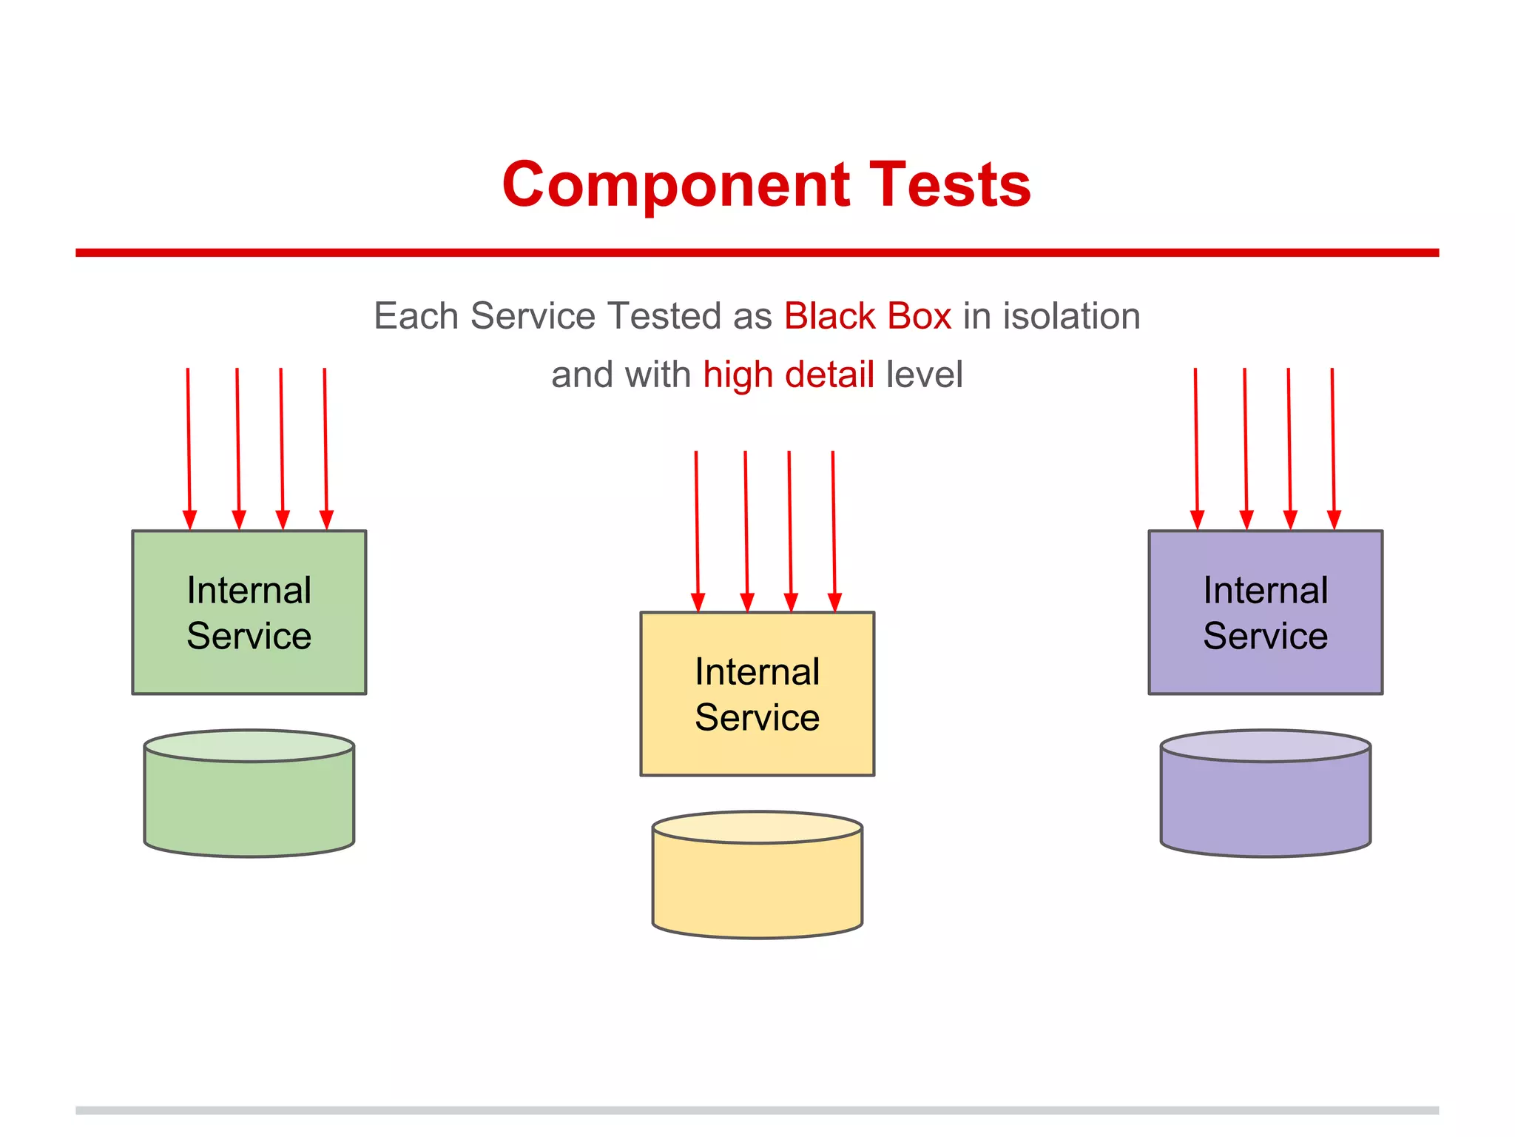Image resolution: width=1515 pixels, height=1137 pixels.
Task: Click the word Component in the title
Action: tap(675, 185)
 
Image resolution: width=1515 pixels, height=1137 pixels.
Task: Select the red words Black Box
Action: tap(867, 316)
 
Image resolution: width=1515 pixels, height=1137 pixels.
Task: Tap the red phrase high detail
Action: tap(788, 375)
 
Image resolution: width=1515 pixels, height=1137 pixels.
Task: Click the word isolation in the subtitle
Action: tap(1071, 316)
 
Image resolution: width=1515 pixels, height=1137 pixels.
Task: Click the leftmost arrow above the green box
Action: tap(189, 444)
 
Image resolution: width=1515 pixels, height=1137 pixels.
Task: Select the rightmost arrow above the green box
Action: tap(325, 444)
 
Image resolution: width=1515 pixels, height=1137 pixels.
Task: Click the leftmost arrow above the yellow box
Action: tap(697, 526)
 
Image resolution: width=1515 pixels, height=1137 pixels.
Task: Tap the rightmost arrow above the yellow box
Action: tap(834, 526)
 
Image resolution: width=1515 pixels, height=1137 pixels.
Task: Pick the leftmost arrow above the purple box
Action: tap(1196, 444)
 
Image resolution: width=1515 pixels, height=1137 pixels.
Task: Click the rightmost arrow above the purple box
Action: tap(1333, 444)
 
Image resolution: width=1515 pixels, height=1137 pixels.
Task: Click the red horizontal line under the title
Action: tap(757, 252)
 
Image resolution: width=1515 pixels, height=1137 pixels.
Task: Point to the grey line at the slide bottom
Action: tap(757, 1110)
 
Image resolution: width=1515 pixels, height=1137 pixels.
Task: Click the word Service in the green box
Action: tap(249, 637)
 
